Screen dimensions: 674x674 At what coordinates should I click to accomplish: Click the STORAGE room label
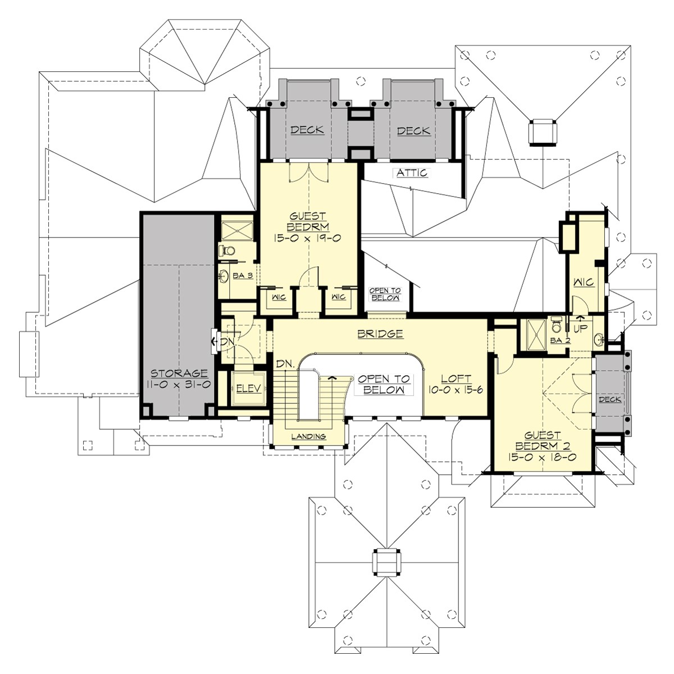pos(179,374)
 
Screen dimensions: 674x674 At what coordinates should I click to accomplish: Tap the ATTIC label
pos(412,173)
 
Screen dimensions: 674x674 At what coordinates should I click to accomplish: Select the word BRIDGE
pos(380,334)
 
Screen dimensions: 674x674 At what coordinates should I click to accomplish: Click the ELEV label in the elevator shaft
pos(247,389)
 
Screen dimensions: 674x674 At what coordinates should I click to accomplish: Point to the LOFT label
pos(456,379)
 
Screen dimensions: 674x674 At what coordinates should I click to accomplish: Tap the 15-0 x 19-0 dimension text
pos(308,238)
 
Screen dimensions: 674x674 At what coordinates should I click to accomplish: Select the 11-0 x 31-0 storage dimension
pos(179,385)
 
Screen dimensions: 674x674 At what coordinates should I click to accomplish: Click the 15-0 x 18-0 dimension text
pos(543,457)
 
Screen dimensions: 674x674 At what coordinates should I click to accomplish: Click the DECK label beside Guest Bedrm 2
pos(609,399)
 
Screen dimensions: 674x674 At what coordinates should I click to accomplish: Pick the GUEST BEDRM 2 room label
pos(543,440)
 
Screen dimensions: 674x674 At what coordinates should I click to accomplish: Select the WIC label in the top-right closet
pos(584,283)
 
